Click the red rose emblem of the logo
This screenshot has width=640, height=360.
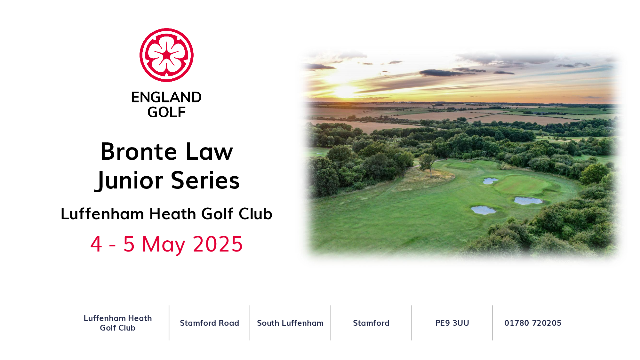(x=166, y=55)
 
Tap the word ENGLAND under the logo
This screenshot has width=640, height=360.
(x=166, y=97)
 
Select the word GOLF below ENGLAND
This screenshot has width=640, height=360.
(x=166, y=112)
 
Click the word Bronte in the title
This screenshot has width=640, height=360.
(x=139, y=151)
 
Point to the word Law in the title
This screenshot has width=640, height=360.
(x=209, y=151)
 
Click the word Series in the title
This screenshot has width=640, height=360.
(x=205, y=180)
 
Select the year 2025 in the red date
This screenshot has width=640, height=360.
(x=218, y=244)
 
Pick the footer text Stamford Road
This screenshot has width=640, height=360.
(x=210, y=323)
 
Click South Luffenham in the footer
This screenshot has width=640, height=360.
(x=290, y=323)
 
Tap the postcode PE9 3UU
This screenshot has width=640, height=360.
(x=452, y=323)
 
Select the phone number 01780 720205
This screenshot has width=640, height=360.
(x=533, y=323)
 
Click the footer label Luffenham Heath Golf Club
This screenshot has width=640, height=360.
(x=118, y=323)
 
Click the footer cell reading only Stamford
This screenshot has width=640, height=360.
(x=371, y=323)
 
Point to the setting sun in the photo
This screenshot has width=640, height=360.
(x=345, y=91)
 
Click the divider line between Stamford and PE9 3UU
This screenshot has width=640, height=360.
(x=412, y=323)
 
